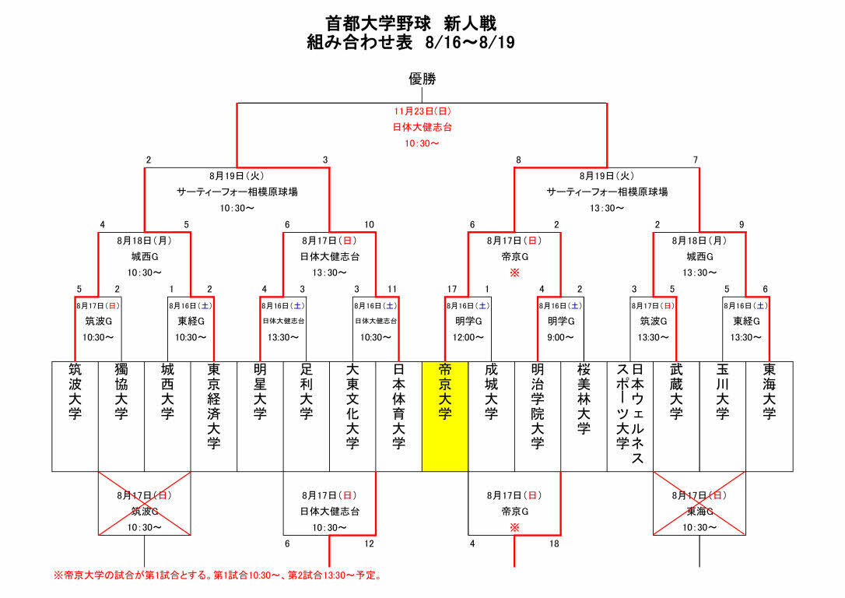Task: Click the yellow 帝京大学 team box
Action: pyautogui.click(x=444, y=416)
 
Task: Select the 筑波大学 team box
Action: pyautogui.click(x=75, y=416)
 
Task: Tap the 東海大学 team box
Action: pyautogui.click(x=770, y=416)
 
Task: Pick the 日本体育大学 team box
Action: pyautogui.click(x=398, y=416)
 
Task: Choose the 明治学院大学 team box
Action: pyautogui.click(x=537, y=416)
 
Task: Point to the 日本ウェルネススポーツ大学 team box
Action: pyautogui.click(x=629, y=416)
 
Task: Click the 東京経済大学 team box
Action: pyautogui.click(x=214, y=416)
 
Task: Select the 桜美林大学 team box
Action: pyautogui.click(x=584, y=416)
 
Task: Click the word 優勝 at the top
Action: pyautogui.click(x=422, y=79)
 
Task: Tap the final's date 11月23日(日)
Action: pyautogui.click(x=422, y=111)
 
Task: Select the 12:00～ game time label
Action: pyautogui.click(x=468, y=337)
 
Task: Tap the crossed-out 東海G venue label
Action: pyautogui.click(x=699, y=512)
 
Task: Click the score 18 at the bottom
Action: pyautogui.click(x=554, y=543)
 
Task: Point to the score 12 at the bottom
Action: pyautogui.click(x=369, y=543)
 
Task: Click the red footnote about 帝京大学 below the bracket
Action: pyautogui.click(x=217, y=576)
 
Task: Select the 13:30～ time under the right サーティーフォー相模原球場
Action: pyautogui.click(x=607, y=208)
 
